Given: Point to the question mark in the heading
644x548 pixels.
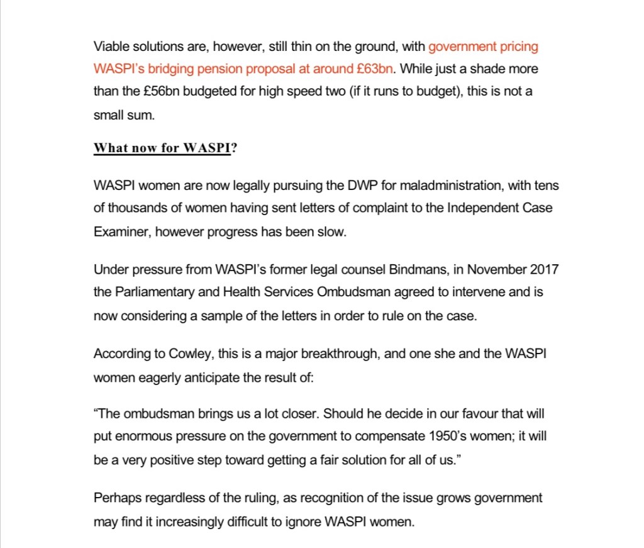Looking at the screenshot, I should (x=234, y=148).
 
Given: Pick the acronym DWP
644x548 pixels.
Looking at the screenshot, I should (x=361, y=186).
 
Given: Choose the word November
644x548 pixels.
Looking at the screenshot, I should (x=494, y=270).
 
